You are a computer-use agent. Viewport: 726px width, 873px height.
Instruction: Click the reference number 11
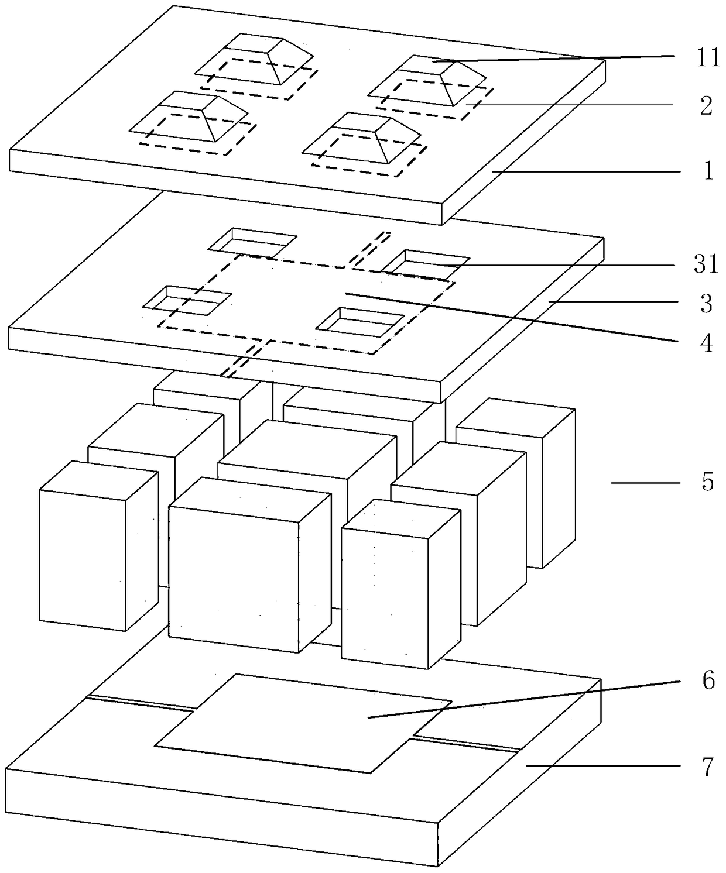[707, 59]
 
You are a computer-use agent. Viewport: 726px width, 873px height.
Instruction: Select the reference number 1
[708, 171]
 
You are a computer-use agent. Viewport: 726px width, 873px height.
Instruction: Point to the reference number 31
[706, 264]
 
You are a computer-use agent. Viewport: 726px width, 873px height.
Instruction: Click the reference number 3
[707, 304]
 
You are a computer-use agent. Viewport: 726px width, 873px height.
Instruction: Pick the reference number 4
[707, 343]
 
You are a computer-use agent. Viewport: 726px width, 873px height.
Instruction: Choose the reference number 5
[708, 483]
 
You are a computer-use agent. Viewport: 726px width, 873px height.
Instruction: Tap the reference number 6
[708, 680]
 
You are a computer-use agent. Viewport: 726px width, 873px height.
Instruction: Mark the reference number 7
[708, 766]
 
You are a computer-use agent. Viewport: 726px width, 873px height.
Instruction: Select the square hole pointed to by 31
[426, 262]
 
